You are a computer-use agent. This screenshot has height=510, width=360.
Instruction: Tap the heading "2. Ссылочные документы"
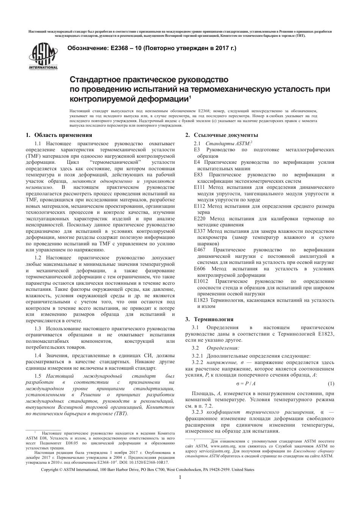(222, 135)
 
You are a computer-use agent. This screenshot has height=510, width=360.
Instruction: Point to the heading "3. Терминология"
(209, 319)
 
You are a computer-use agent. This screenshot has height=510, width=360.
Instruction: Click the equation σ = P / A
(246, 383)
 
